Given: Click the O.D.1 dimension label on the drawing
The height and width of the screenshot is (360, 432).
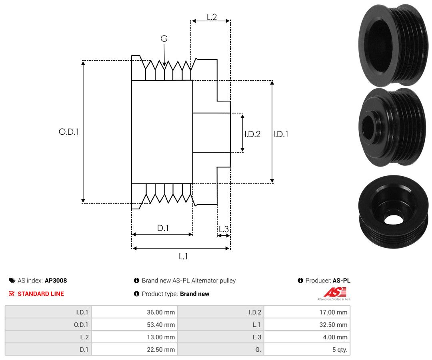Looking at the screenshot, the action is [69, 132].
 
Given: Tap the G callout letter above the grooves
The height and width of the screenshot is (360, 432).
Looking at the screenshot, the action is [164, 38].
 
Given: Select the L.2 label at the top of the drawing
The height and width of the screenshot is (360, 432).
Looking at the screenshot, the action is [212, 17].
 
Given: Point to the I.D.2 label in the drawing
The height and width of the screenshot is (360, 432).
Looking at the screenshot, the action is [252, 134].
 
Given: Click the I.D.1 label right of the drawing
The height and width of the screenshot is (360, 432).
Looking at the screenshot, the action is [281, 134].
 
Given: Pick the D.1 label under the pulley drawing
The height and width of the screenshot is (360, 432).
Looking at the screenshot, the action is [163, 228].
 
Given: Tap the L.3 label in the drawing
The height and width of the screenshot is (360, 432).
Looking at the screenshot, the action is [224, 229].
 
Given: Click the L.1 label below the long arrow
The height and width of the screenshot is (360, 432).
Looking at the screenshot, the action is [183, 257].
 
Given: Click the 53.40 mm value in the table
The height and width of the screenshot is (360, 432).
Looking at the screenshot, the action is [161, 325].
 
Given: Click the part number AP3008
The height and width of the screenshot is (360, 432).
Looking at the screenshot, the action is [56, 280].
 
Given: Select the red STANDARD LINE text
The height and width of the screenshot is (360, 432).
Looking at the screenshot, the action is [41, 294].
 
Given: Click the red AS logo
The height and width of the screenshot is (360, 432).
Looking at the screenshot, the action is [335, 292].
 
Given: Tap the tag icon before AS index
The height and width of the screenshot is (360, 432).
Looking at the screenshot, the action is [12, 280].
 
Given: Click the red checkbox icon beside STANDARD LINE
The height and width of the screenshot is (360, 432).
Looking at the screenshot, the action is [12, 294].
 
